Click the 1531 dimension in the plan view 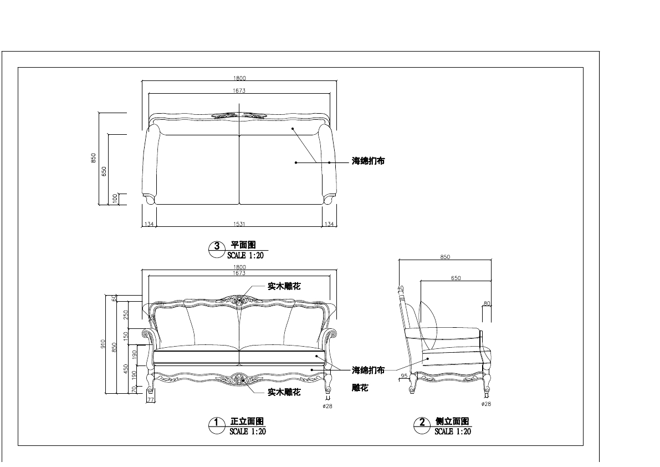(239, 224)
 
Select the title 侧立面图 (452, 422)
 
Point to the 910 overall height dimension (103, 344)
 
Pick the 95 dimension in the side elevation (403, 376)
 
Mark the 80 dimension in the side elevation (487, 303)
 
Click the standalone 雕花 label (360, 388)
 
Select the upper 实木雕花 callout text (284, 286)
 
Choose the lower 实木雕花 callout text (284, 392)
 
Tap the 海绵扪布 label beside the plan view (368, 161)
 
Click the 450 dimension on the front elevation (126, 368)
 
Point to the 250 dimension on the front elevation (126, 314)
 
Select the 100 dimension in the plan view (115, 199)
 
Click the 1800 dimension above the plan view (239, 78)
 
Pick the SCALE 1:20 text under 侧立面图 (452, 432)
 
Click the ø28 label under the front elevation (327, 406)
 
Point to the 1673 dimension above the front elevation (239, 273)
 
